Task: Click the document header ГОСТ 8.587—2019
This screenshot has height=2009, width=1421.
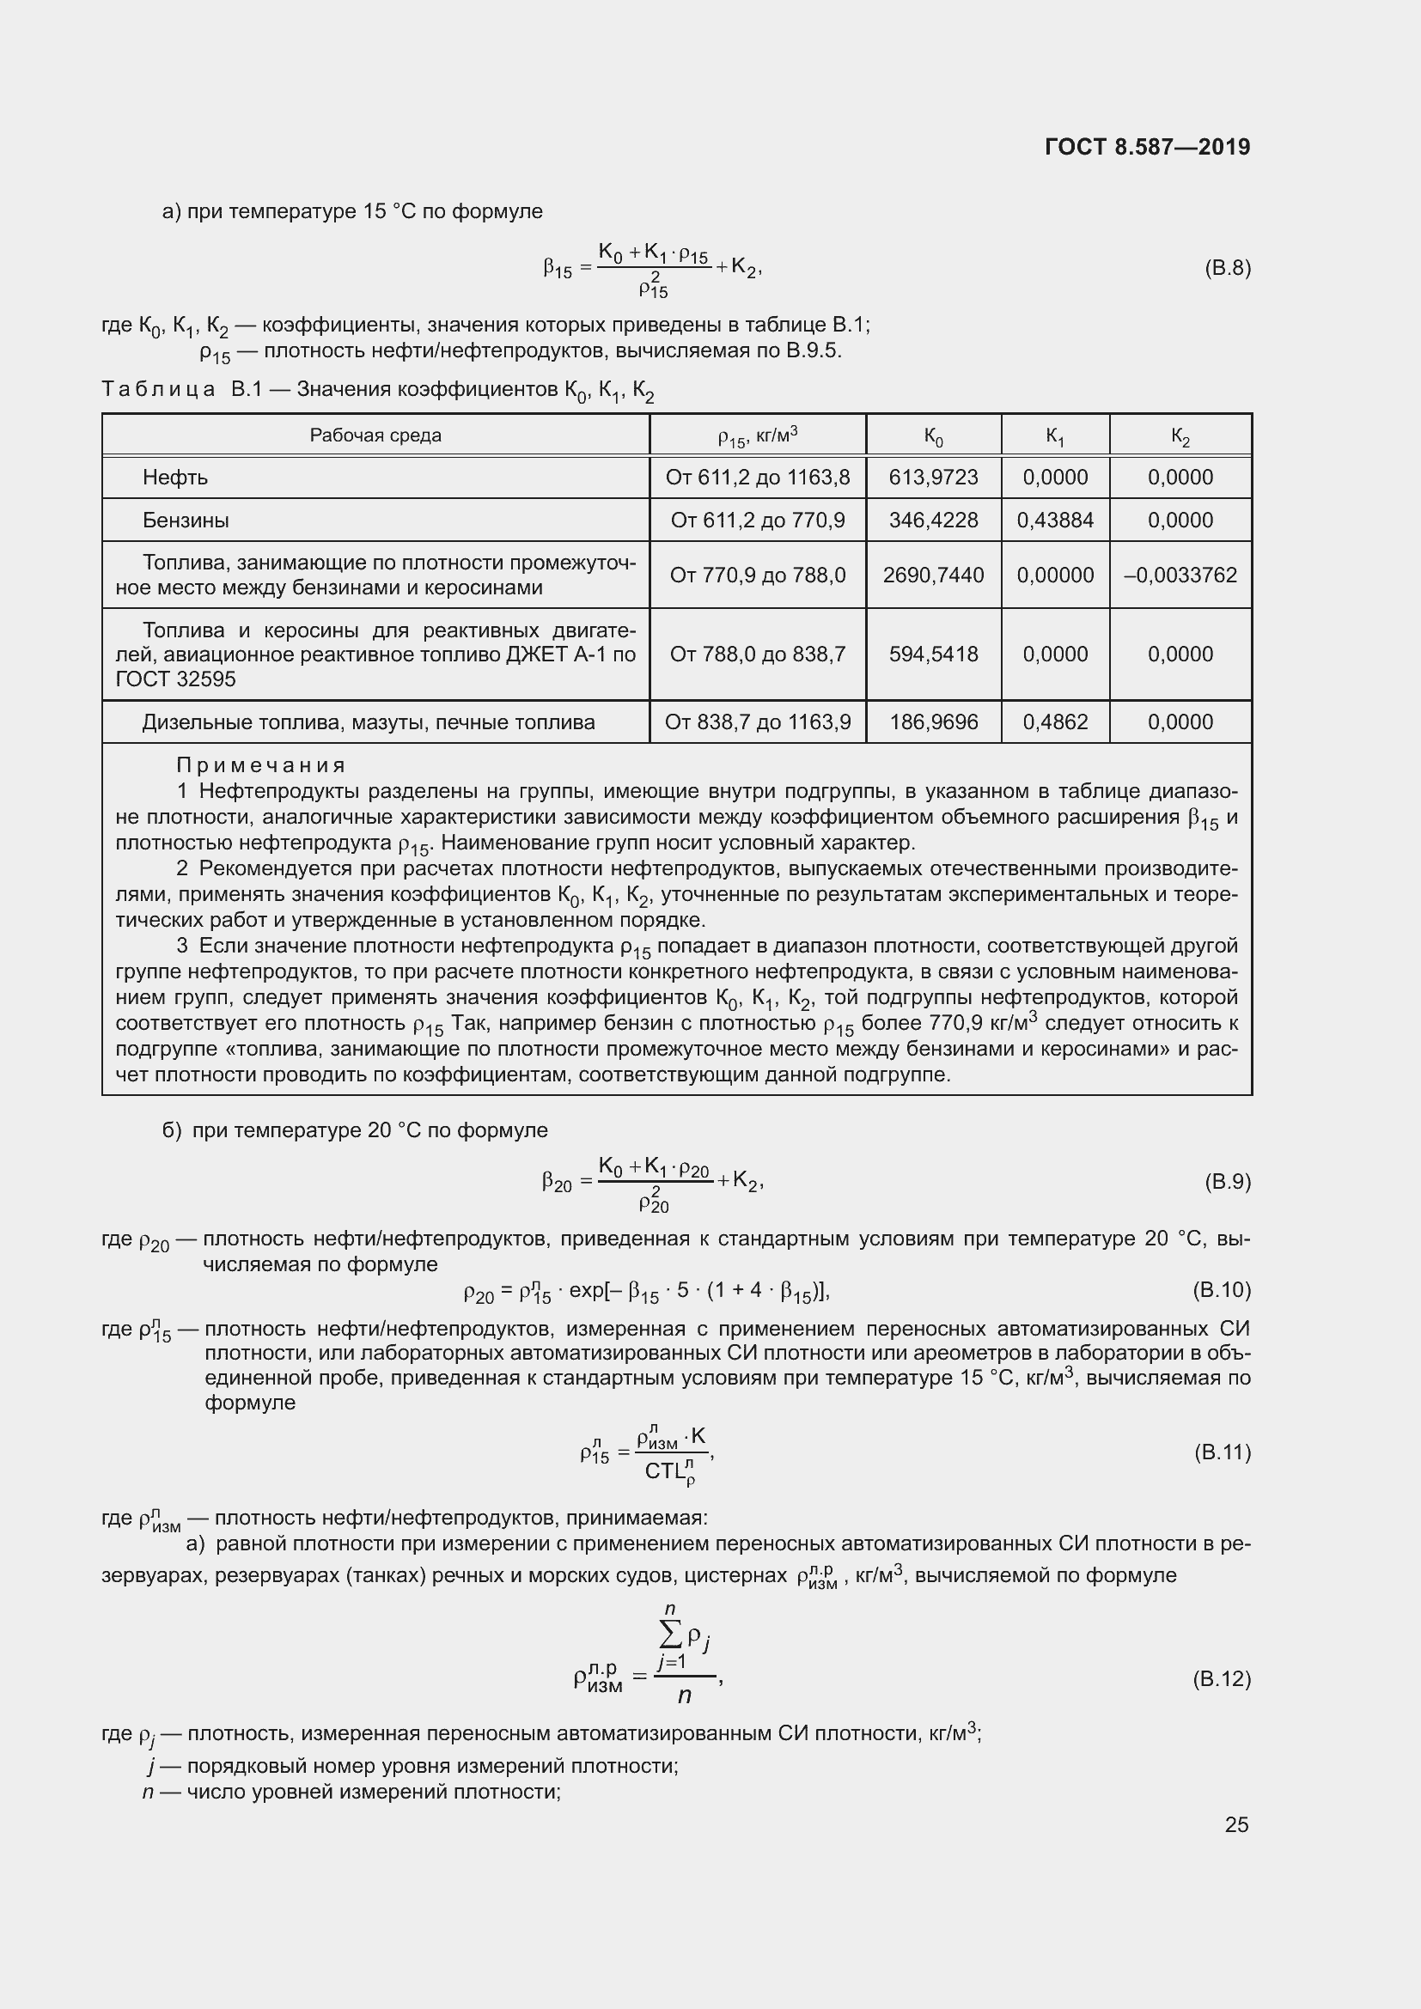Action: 1147,147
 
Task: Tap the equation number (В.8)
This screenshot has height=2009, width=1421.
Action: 1227,268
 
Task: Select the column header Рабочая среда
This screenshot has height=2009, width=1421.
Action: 375,435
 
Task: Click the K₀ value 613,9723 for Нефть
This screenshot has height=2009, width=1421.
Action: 933,478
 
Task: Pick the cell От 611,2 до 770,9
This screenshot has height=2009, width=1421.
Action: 757,521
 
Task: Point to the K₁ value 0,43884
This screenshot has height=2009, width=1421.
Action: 1054,521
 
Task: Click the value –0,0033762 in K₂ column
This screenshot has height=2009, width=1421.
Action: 1180,575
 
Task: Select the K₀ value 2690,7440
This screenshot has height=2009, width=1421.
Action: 933,575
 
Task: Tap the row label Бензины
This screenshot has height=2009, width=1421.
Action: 186,521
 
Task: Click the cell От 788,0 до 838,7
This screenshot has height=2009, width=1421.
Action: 757,654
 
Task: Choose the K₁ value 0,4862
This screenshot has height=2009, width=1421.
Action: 1054,722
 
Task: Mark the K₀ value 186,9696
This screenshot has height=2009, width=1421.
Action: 933,722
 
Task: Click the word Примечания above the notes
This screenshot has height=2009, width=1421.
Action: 261,765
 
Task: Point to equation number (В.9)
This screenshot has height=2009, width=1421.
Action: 1227,1182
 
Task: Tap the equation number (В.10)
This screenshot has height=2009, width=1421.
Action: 1222,1290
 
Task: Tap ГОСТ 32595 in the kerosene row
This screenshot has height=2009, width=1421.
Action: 175,680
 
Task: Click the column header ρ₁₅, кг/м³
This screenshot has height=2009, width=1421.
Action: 757,435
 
